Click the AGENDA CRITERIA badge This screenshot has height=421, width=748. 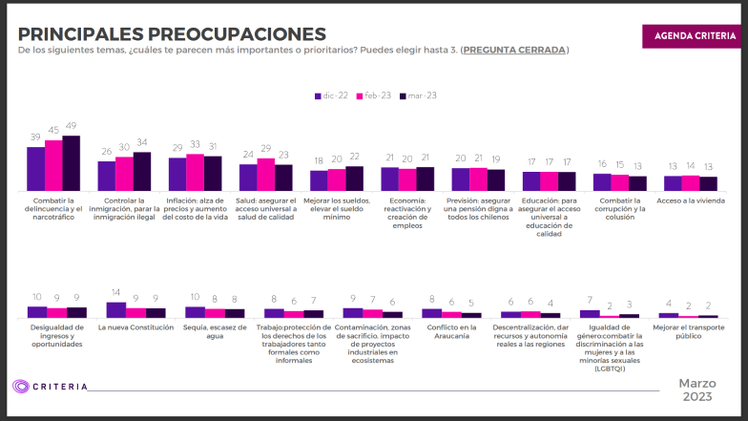pyautogui.click(x=694, y=35)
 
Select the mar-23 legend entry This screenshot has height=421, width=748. pyautogui.click(x=417, y=96)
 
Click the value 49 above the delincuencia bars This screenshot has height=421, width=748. pyautogui.click(x=71, y=127)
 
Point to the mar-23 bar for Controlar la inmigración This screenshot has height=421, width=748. pyautogui.click(x=142, y=172)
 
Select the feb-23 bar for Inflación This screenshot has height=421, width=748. pyautogui.click(x=196, y=173)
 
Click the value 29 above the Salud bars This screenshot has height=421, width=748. pyautogui.click(x=266, y=148)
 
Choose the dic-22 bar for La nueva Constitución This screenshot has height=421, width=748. pyautogui.click(x=116, y=309)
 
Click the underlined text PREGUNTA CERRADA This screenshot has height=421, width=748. pyautogui.click(x=514, y=50)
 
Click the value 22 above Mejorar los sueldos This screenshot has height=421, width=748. pyautogui.click(x=354, y=157)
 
